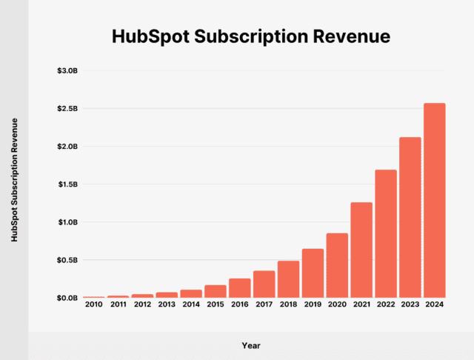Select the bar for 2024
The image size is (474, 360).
pos(435,200)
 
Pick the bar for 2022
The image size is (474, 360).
pos(386,233)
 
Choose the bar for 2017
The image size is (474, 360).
pos(264,284)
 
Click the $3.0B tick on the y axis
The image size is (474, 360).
pos(67,70)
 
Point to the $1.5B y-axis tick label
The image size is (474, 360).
pos(67,184)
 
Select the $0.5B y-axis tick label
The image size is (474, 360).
pos(67,260)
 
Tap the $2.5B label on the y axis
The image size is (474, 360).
pos(67,108)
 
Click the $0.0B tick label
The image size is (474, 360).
pos(67,298)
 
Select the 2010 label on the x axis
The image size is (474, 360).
pos(93,304)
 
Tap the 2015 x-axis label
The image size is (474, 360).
pos(216,304)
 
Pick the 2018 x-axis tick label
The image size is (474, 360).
pos(289,304)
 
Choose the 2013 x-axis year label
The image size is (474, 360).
pos(167,304)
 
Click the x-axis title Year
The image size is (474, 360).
pos(250,345)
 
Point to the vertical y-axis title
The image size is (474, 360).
pos(14,180)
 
